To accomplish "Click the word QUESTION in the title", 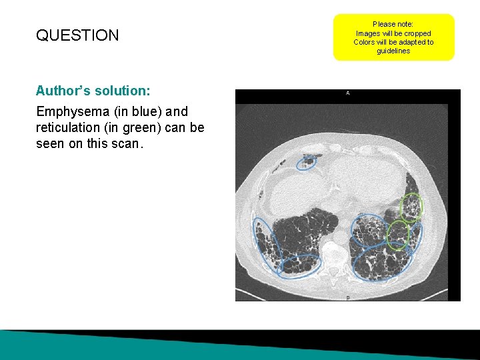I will click(x=77, y=35).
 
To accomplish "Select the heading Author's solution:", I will click(x=93, y=90).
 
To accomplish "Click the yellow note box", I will click(x=393, y=37).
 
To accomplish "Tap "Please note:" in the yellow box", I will click(x=393, y=24).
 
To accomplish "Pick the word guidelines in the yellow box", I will click(x=393, y=51).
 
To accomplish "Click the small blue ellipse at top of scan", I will click(x=307, y=161).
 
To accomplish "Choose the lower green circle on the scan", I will click(x=398, y=235).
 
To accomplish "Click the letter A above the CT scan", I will click(x=348, y=93).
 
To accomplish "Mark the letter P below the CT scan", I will click(x=348, y=297).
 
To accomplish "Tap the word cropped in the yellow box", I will click(x=418, y=33).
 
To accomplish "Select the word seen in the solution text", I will click(x=50, y=143).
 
